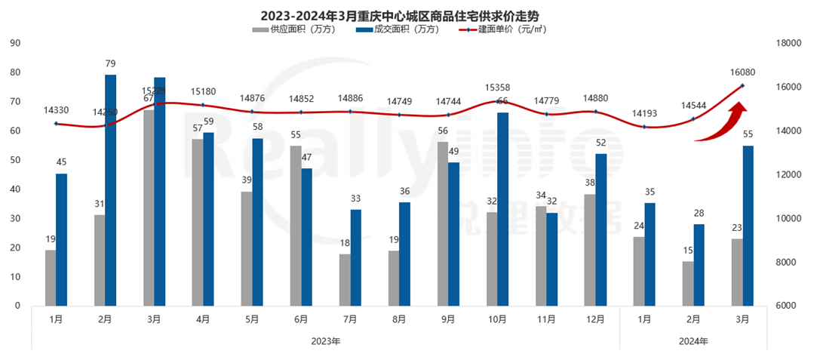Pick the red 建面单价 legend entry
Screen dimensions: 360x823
[502, 29]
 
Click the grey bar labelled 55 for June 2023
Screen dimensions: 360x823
[296, 226]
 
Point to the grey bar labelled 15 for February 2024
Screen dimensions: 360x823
[688, 284]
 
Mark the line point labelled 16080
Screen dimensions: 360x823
[742, 85]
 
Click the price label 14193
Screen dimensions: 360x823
[643, 114]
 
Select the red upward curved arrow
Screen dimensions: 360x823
[717, 125]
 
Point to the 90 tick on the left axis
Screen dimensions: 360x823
[14, 43]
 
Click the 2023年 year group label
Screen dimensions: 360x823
[326, 341]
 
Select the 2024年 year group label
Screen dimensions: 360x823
[693, 341]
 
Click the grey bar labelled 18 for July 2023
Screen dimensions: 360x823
[345, 280]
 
